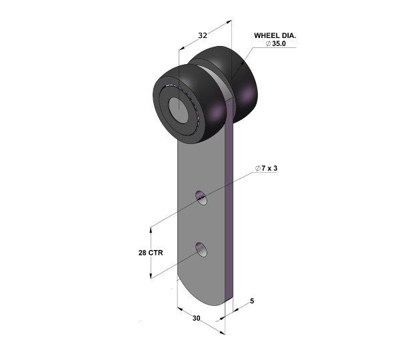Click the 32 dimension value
point(203,35)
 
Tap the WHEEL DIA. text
point(275,35)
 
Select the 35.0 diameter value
point(279,43)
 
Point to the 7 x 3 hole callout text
point(269,168)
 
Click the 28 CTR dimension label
point(151,253)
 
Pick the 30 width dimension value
point(197,318)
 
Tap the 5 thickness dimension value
point(252,301)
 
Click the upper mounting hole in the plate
point(201,198)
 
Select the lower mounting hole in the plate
point(201,249)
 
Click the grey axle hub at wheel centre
point(179,110)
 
